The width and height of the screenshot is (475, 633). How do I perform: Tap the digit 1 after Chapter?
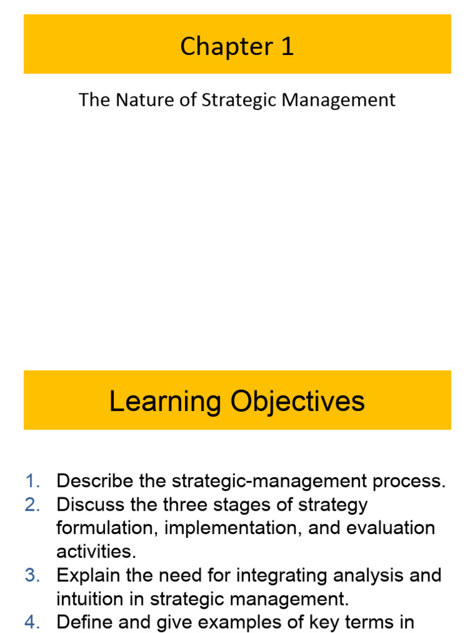pos(287,47)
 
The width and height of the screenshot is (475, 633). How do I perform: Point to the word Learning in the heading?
pos(165,402)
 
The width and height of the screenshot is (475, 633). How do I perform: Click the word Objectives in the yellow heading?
pos(297,402)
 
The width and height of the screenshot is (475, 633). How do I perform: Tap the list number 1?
pos(32,482)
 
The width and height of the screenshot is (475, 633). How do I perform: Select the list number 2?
pos(32,505)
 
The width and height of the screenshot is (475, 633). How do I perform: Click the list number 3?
pos(32,576)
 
